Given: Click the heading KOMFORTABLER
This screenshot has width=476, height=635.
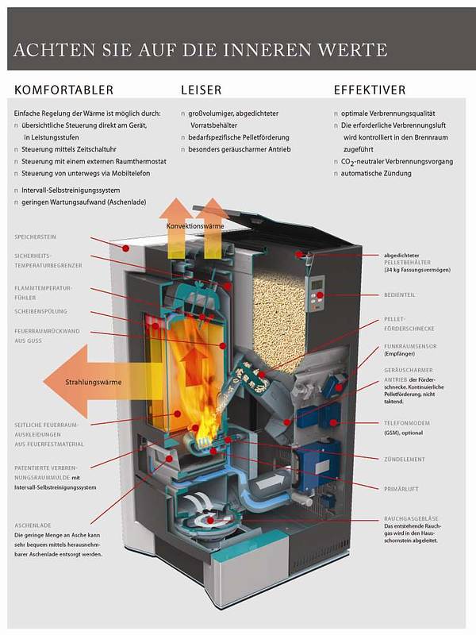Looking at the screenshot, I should click(63, 90).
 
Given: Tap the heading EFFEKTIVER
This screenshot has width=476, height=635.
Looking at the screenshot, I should click(370, 90).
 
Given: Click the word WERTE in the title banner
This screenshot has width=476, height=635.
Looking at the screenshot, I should click(353, 50).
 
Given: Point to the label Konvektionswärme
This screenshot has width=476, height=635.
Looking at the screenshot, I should click(195, 225).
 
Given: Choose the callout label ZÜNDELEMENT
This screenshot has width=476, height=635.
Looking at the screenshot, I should click(403, 459).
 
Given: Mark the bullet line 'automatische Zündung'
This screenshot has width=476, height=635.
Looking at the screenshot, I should click(377, 173).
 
